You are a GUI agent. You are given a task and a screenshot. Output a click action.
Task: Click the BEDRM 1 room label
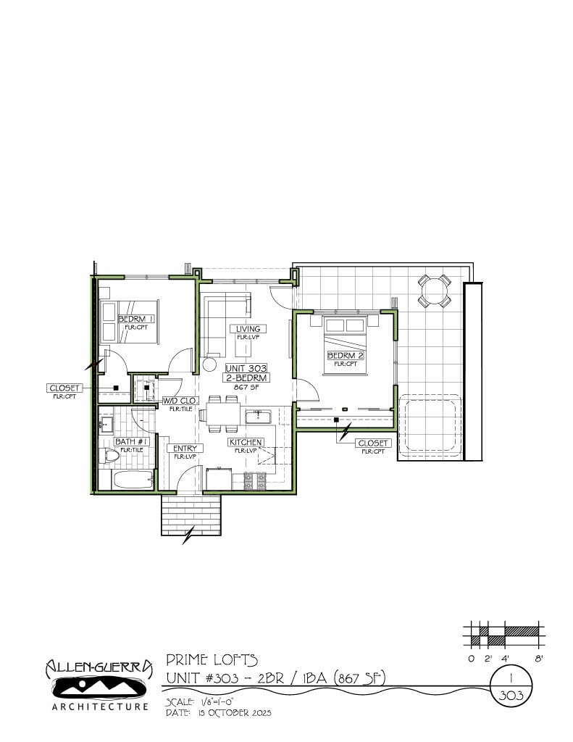coord(136,319)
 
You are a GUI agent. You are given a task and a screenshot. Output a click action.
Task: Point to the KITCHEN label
coord(246,442)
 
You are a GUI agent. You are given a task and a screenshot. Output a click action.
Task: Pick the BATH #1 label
coord(132,441)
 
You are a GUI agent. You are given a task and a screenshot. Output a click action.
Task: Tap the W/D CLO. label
coord(180,400)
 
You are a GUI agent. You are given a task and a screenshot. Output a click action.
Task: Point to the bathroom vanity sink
coord(106,425)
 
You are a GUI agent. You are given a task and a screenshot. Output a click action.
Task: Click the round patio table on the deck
coord(434,291)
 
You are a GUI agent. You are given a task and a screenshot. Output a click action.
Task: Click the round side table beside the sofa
coord(210,365)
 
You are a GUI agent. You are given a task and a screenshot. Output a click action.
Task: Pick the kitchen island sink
coord(259,417)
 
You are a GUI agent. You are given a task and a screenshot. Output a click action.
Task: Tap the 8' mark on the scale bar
coord(538,659)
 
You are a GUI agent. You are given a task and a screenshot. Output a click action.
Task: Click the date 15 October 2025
coord(230,713)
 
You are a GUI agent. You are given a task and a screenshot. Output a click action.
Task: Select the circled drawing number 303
coord(512,694)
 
